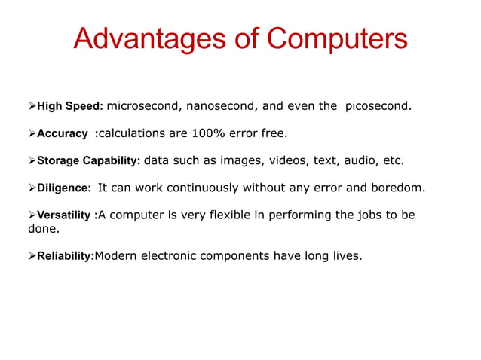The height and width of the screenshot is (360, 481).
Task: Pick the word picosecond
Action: coord(377,106)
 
